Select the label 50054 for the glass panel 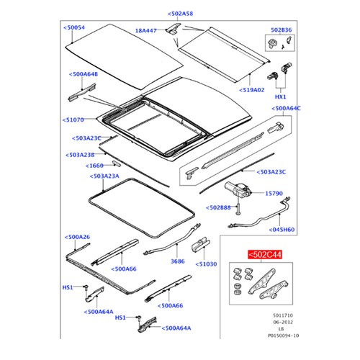pyautogui.click(x=74, y=27)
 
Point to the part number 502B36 pyautogui.click(x=282, y=30)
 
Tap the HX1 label pyautogui.click(x=280, y=96)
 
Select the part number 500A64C pyautogui.click(x=292, y=109)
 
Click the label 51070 pyautogui.click(x=74, y=120)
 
